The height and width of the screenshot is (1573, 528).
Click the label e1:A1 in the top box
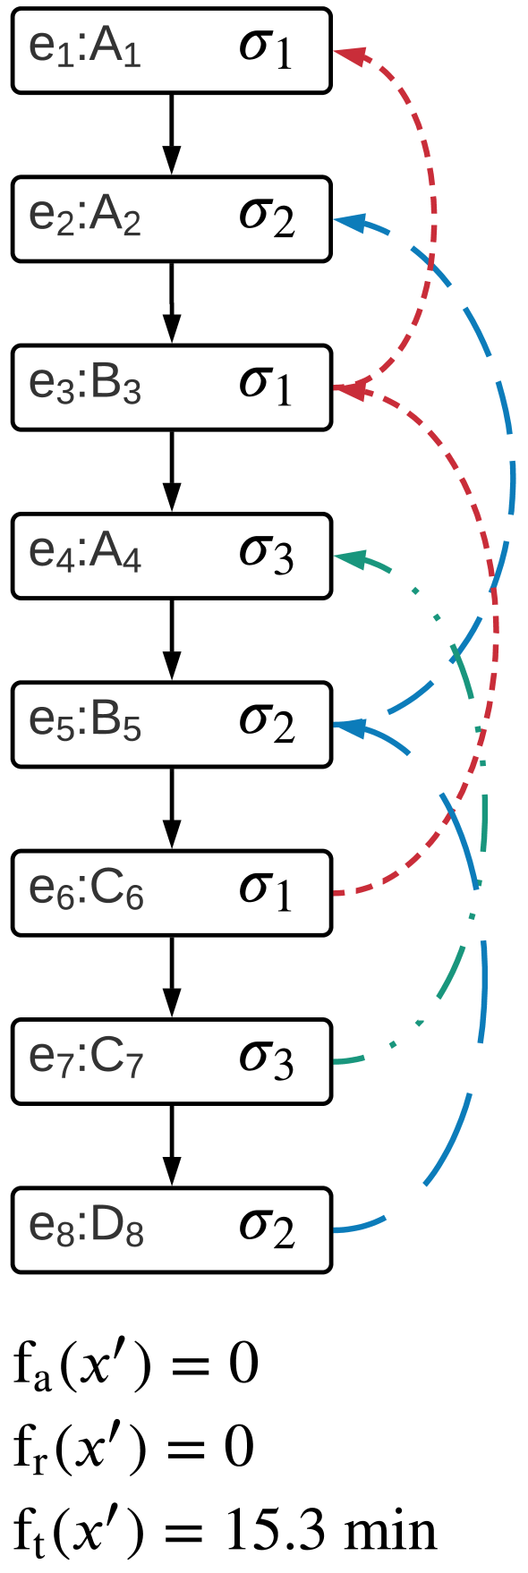point(85,50)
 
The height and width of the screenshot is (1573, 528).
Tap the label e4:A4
point(85,555)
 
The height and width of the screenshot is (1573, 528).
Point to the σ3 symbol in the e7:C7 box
point(266,1060)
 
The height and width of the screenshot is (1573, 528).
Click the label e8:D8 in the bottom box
point(86,1229)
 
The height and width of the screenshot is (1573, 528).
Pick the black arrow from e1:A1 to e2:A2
point(172,134)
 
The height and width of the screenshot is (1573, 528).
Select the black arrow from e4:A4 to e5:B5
point(172,640)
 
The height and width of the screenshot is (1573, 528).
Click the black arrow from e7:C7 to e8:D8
point(172,1145)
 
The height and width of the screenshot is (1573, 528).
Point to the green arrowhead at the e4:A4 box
point(349,557)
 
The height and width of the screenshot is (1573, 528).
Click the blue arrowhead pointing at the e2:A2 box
point(349,220)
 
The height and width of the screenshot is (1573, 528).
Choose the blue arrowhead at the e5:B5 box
point(349,727)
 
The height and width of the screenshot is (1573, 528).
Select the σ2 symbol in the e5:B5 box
point(266,724)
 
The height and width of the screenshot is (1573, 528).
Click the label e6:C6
point(86,891)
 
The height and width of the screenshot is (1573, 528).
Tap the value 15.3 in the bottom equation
point(268,1531)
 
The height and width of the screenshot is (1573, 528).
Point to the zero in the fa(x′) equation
point(243,1365)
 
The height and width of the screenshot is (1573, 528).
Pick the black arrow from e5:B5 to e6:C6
point(172,809)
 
